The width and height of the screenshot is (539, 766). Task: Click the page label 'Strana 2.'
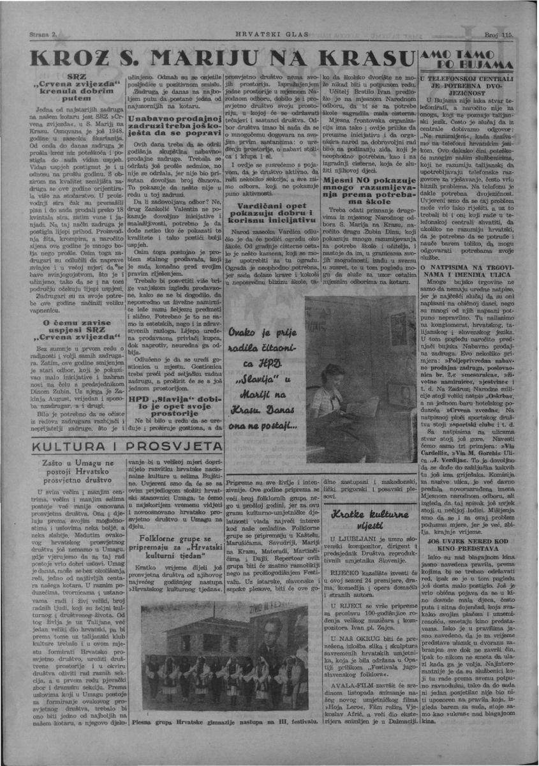43,31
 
